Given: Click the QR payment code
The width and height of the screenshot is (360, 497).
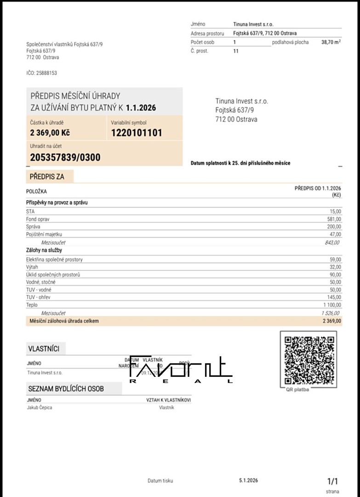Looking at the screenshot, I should tap(309, 360).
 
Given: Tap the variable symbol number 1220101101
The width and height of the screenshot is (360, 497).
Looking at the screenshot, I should tap(137, 133).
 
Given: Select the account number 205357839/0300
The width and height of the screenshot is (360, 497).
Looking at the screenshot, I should tap(65, 157).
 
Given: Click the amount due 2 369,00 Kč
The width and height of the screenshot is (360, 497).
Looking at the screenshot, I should tap(50, 133).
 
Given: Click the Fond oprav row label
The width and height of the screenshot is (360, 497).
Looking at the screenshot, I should tap(38, 219).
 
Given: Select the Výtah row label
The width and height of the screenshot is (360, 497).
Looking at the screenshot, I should tap(32, 267).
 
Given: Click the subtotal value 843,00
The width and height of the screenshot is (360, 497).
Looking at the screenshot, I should tap(332, 243).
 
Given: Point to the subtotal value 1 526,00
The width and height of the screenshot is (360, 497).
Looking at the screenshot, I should tap(331, 313).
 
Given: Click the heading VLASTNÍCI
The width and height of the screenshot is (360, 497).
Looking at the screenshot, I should tap(44, 349).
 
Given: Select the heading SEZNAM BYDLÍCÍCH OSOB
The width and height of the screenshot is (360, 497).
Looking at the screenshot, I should tap(66, 389).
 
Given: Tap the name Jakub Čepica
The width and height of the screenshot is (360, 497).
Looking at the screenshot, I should tap(40, 408).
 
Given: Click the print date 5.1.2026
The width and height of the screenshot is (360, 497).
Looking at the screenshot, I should tap(248, 480).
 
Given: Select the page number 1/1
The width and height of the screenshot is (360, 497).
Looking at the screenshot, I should tap(332, 481).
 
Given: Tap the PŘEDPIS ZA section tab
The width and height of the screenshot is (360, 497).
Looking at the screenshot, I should tap(47, 176).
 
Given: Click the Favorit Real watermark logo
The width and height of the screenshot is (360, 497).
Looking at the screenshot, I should tap(181, 370).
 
